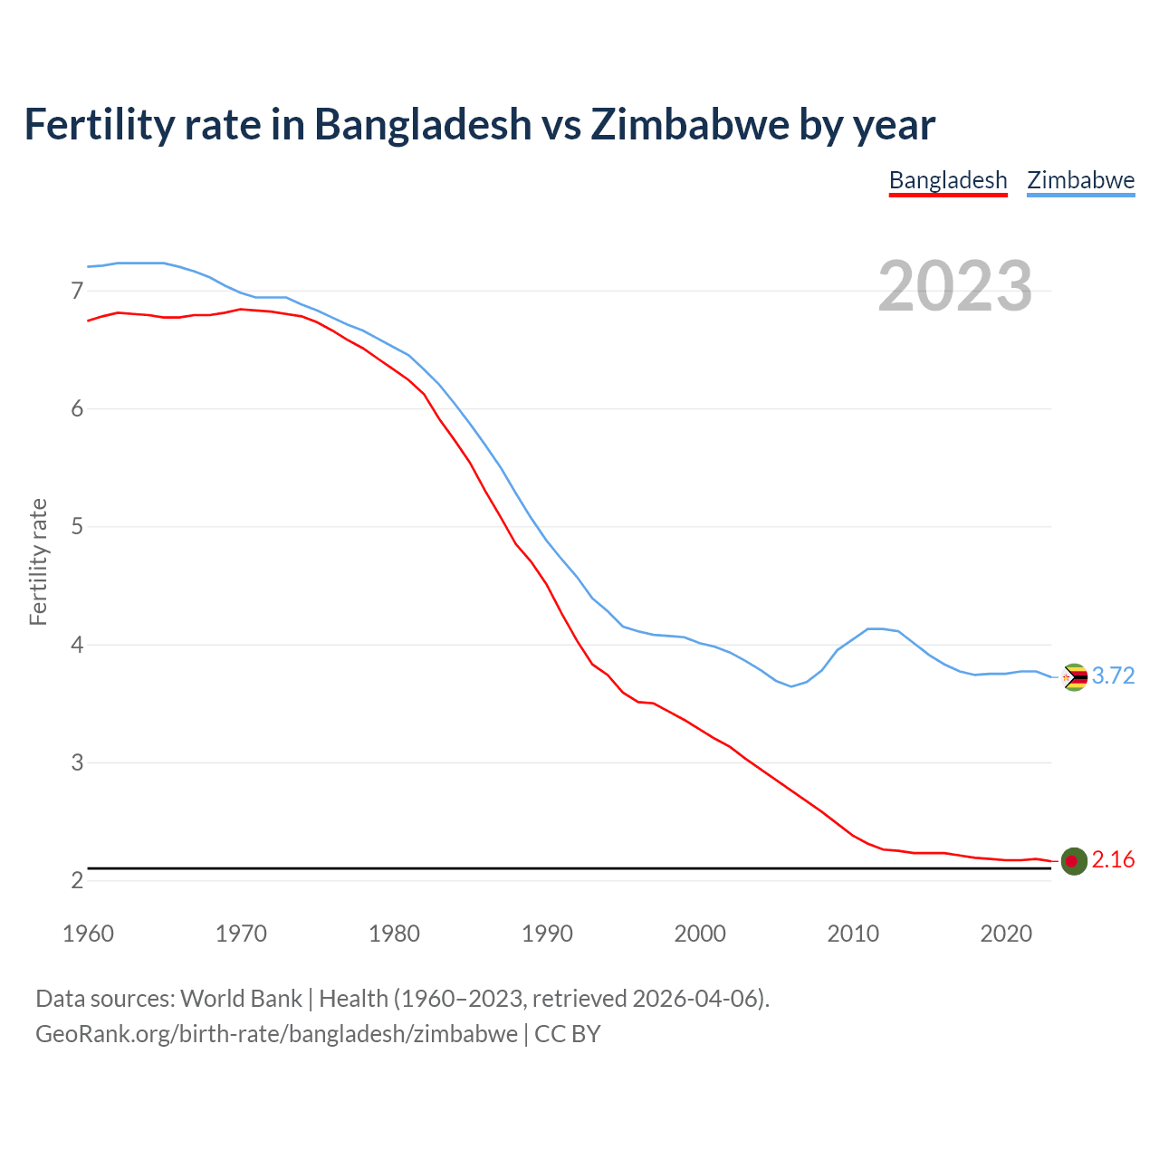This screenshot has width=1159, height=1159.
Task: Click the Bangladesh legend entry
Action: pos(948,180)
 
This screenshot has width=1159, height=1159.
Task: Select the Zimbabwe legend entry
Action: pos(1080,180)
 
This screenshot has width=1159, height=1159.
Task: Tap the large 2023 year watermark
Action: pos(955,286)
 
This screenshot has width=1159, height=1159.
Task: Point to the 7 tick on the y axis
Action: pos(77,291)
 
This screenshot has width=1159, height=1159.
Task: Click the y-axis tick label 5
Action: pos(77,526)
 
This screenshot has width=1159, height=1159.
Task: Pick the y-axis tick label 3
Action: pos(77,762)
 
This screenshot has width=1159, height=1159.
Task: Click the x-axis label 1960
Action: pos(88,934)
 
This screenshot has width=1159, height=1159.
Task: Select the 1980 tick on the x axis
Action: pos(394,934)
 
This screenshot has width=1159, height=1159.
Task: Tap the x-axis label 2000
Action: pos(700,934)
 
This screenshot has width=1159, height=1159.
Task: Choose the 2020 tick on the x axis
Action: pos(1006,934)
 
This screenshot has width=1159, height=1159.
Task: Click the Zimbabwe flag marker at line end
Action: pos(1074,677)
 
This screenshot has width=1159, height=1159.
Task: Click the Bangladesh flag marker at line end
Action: pos(1074,861)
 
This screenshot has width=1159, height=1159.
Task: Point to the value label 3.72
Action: pos(1113,676)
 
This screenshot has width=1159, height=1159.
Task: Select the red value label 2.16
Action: pos(1113,860)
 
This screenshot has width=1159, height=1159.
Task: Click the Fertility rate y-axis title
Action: pos(38,561)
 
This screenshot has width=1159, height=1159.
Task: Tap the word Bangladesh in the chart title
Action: pos(423,124)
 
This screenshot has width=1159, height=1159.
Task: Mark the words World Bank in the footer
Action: pos(241,999)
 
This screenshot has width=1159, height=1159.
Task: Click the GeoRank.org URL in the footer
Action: pos(276,1034)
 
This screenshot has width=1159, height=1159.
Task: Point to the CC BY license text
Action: pos(568,1034)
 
